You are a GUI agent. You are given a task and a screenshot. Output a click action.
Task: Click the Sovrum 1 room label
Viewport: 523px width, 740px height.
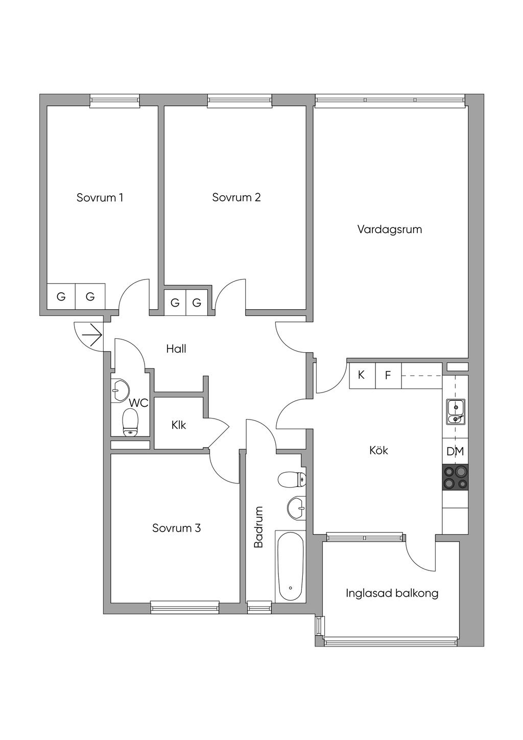point(100,197)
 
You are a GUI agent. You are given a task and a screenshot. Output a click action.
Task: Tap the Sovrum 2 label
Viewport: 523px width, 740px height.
point(236,197)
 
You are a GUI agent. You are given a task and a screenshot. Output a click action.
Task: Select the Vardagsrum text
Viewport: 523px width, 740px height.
point(390,229)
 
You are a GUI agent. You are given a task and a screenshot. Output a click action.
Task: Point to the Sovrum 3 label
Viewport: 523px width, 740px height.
point(176,528)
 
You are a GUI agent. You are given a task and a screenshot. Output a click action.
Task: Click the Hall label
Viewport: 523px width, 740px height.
point(176,349)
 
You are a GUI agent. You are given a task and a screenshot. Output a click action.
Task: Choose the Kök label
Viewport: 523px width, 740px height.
point(378,450)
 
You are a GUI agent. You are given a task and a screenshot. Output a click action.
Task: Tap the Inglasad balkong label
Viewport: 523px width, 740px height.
point(392,593)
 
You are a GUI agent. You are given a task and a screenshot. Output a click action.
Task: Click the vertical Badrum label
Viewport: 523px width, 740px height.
point(258,527)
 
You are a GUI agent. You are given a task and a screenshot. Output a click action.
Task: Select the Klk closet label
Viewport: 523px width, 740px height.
point(179,425)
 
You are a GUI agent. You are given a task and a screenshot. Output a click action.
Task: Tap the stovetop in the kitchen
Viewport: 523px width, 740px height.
point(455,477)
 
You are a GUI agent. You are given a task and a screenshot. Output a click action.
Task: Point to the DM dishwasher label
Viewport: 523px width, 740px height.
point(455,451)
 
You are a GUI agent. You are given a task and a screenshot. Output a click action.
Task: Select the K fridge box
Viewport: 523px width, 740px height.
point(362,375)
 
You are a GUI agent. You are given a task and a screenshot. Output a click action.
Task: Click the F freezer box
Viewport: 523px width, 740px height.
point(388,375)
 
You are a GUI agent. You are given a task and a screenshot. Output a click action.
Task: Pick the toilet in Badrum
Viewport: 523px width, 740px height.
point(292,479)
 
